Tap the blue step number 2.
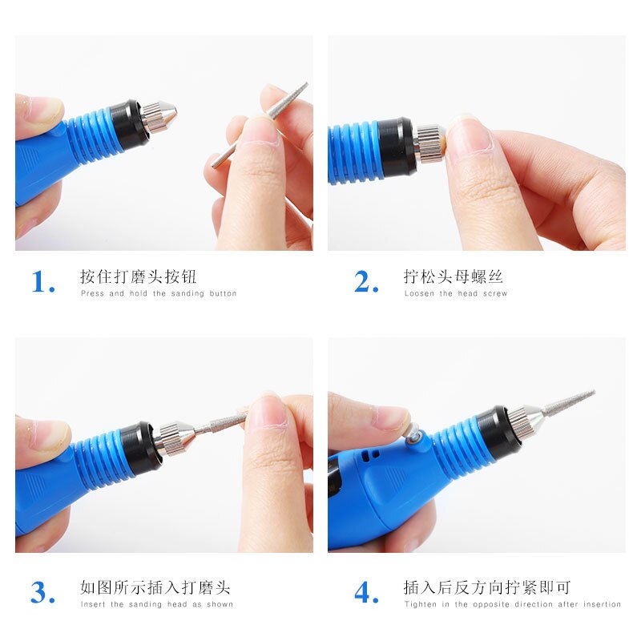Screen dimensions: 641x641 pos(365,282)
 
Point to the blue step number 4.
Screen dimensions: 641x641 pos(365,593)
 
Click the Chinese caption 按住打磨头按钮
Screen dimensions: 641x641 pos(138,277)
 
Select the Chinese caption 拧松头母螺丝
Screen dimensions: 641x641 pos(453,277)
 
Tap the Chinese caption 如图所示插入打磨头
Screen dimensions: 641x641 pos(155,588)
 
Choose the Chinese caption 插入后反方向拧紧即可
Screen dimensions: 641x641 pos(486,588)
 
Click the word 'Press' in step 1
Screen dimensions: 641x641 pos(93,294)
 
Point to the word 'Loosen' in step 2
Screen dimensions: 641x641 pos(419,294)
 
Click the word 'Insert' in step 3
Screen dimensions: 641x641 pos(93,604)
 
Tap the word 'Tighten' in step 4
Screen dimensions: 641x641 pos(421,604)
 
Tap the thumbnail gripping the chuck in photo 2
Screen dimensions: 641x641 pos(468,136)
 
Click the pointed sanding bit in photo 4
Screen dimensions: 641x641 pos(565,405)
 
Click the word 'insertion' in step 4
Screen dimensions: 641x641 pos(602,604)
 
